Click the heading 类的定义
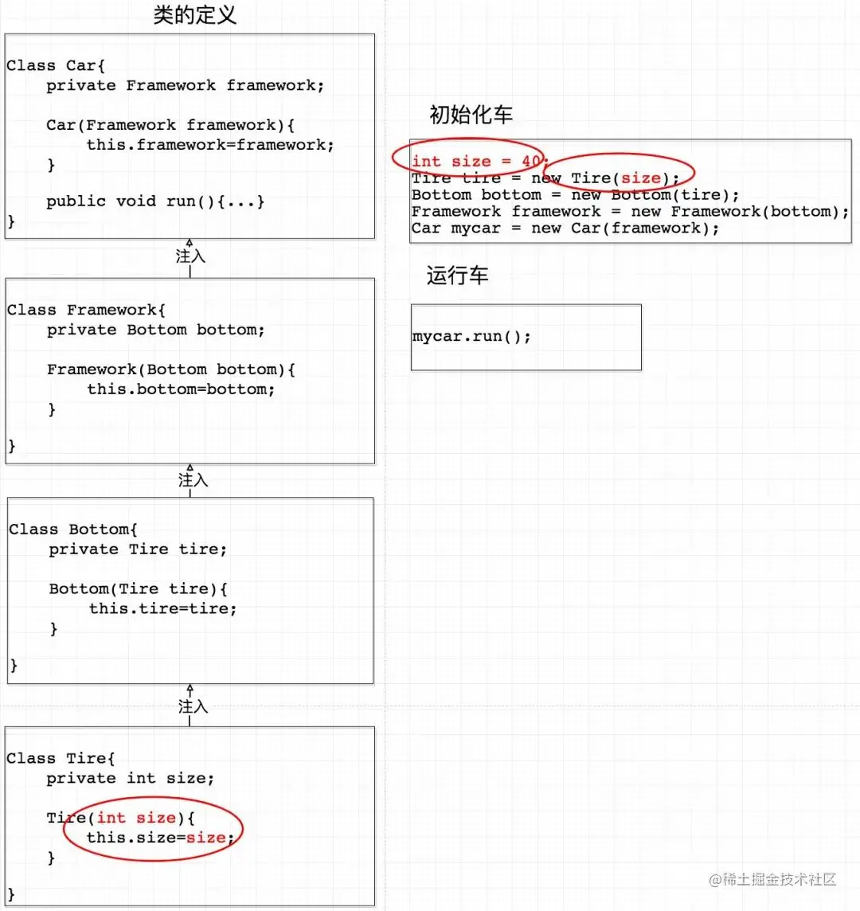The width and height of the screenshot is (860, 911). click(x=195, y=15)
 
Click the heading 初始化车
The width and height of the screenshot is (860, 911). click(x=471, y=115)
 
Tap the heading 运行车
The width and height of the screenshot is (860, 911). click(x=457, y=276)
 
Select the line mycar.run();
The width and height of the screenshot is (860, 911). click(x=471, y=336)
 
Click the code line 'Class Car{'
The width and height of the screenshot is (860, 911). click(x=56, y=65)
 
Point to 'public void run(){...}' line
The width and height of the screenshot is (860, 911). click(x=155, y=201)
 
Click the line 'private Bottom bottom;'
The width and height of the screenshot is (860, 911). click(x=155, y=330)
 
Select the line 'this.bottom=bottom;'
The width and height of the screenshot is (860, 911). click(x=181, y=389)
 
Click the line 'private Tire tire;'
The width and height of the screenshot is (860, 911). click(x=137, y=549)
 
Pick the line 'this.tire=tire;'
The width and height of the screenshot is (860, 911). click(x=162, y=608)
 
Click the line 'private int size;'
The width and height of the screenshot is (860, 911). click(x=130, y=778)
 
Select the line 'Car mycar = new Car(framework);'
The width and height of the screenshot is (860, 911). click(x=565, y=229)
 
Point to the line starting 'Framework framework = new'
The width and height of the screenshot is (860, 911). click(x=630, y=212)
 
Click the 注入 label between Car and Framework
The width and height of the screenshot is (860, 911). click(x=190, y=256)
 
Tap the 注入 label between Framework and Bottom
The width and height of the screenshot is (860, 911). click(x=193, y=480)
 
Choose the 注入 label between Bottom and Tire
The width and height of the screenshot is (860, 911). click(x=193, y=706)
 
